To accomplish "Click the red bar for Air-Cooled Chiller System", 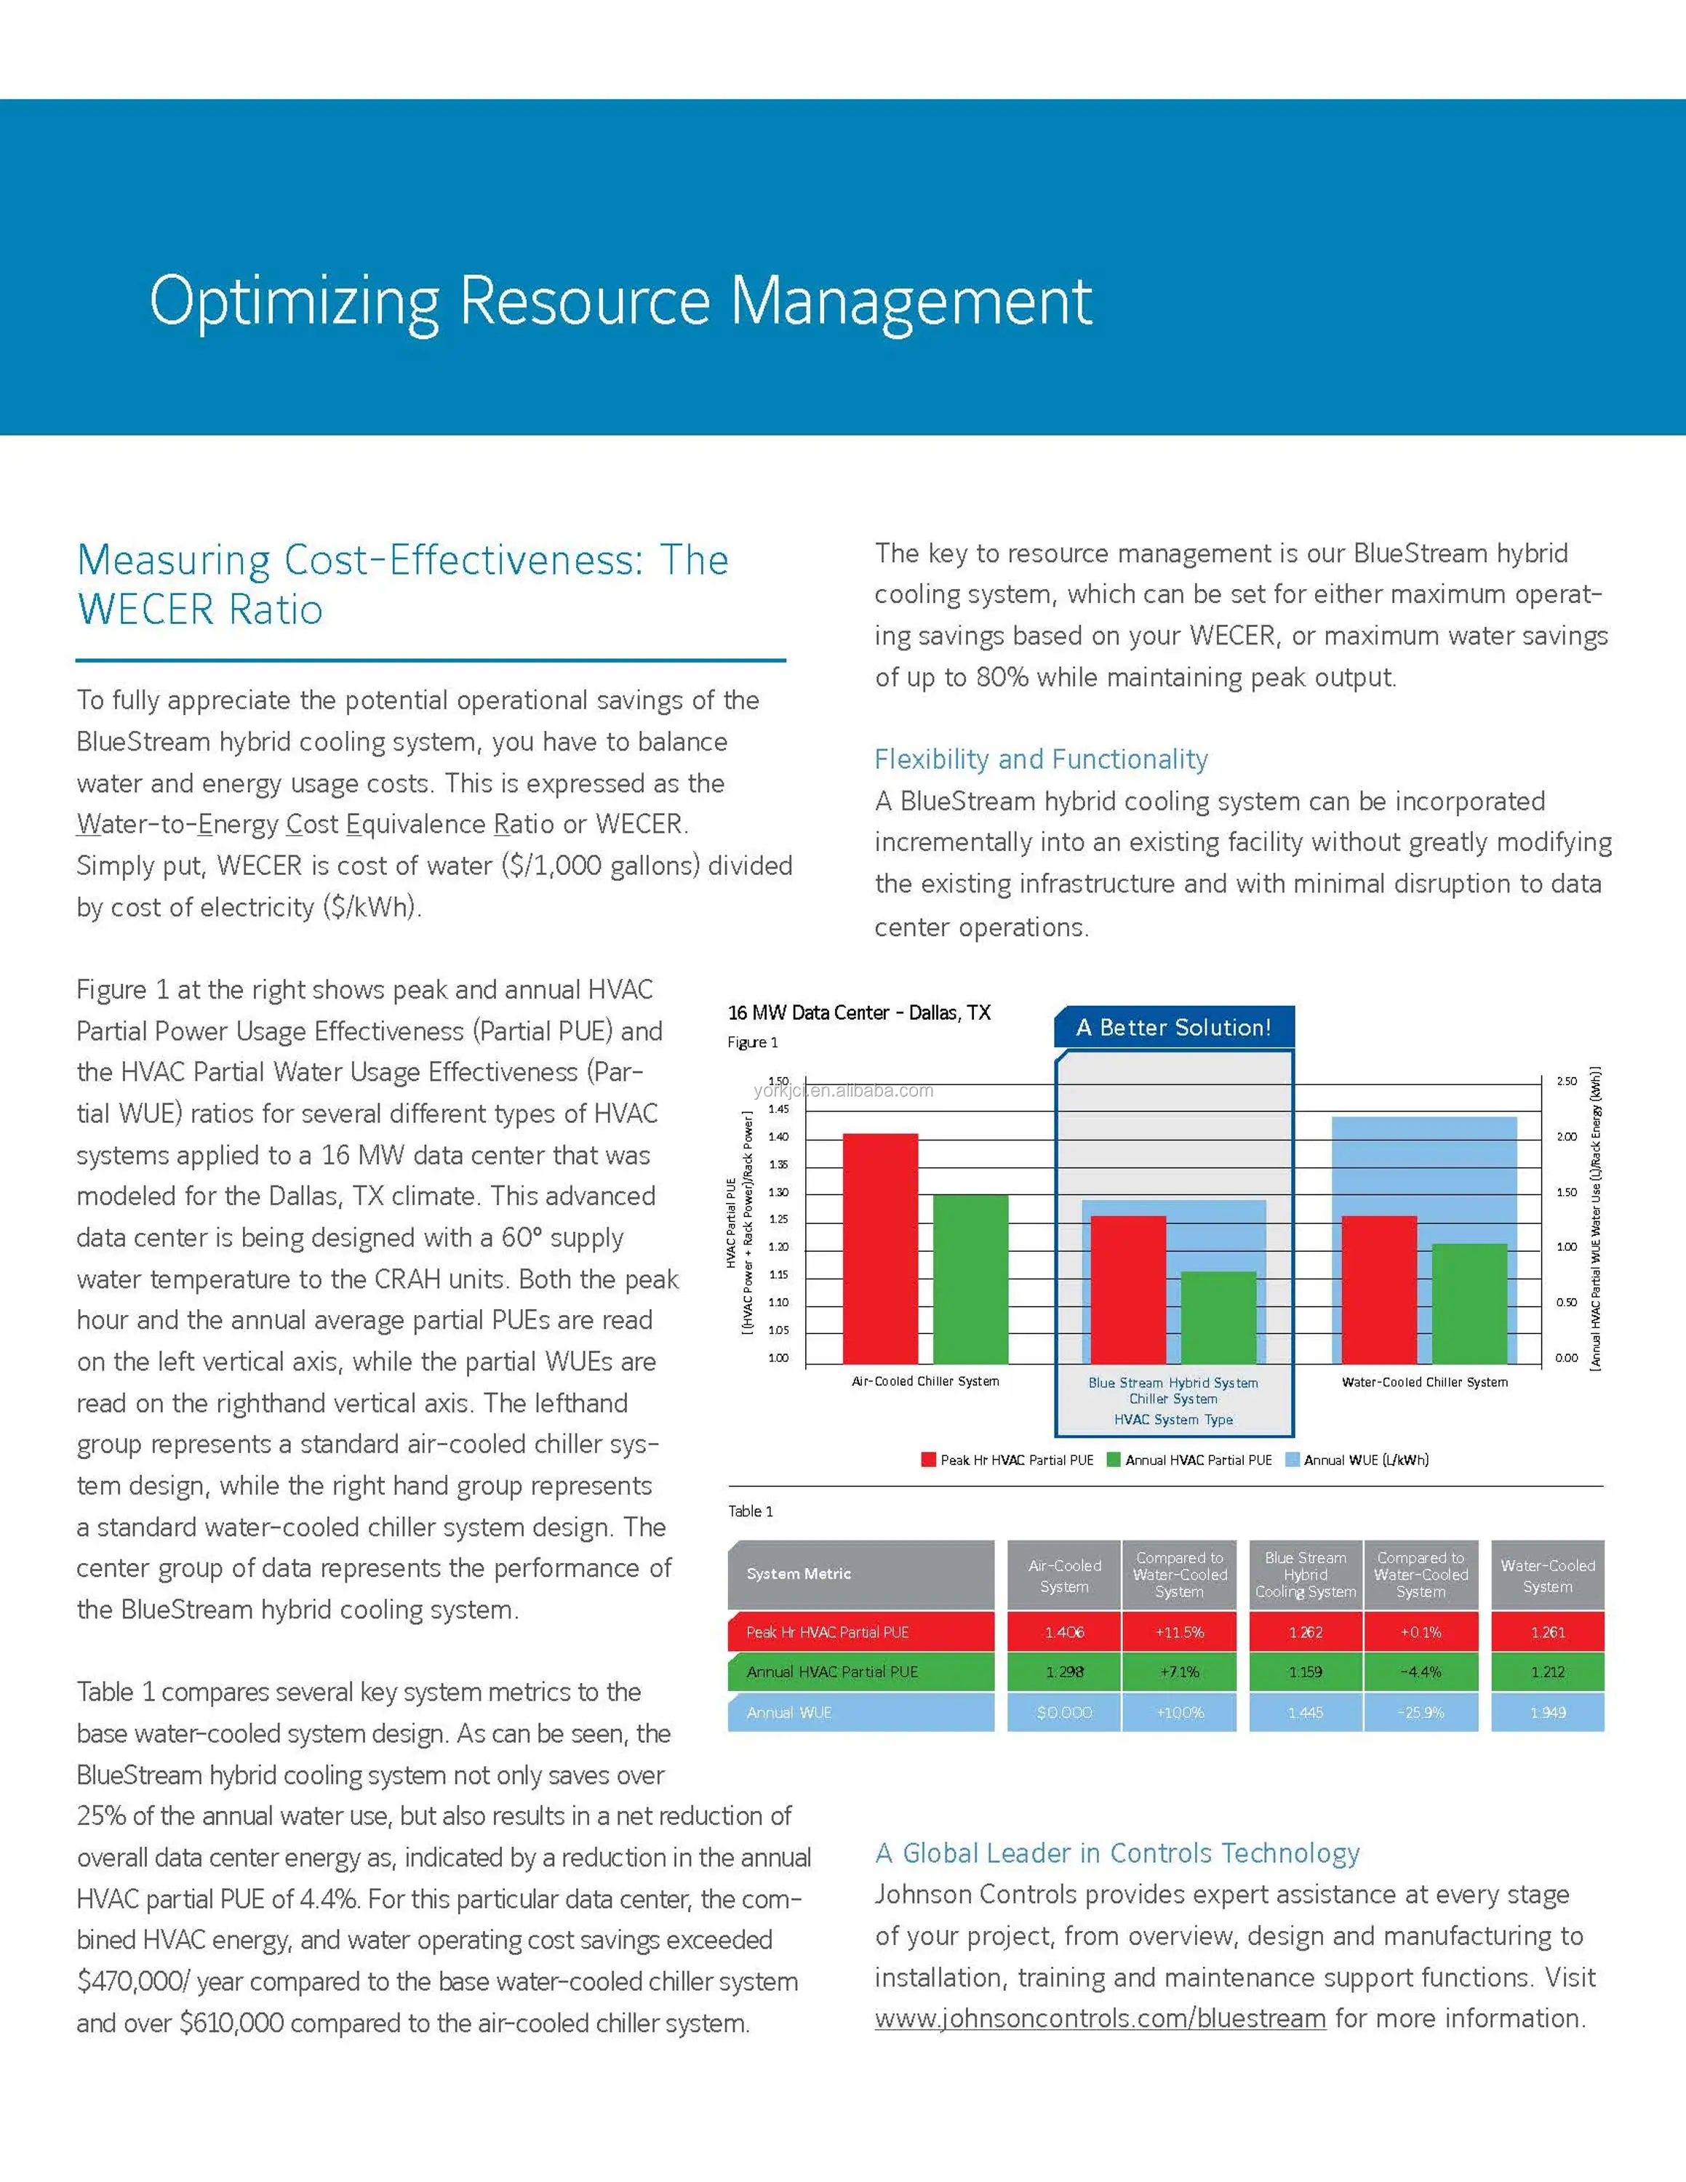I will click(x=880, y=1248).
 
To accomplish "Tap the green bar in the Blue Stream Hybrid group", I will click(x=1218, y=1316).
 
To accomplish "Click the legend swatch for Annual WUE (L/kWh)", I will click(x=1293, y=1460).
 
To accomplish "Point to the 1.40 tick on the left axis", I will click(x=778, y=1137).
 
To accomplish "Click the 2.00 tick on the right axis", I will click(x=1566, y=1137).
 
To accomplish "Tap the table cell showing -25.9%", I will click(x=1421, y=1712).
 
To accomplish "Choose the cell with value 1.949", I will click(x=1547, y=1712).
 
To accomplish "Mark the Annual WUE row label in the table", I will click(x=789, y=1712).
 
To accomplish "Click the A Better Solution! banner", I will click(x=1174, y=1027).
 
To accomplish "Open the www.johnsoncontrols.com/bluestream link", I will click(x=1100, y=2018).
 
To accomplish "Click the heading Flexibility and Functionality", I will click(x=1041, y=759).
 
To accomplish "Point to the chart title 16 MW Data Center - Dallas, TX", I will click(x=859, y=1012).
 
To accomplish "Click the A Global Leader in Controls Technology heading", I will click(x=1116, y=1853).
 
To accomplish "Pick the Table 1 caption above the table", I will click(x=750, y=1511).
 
